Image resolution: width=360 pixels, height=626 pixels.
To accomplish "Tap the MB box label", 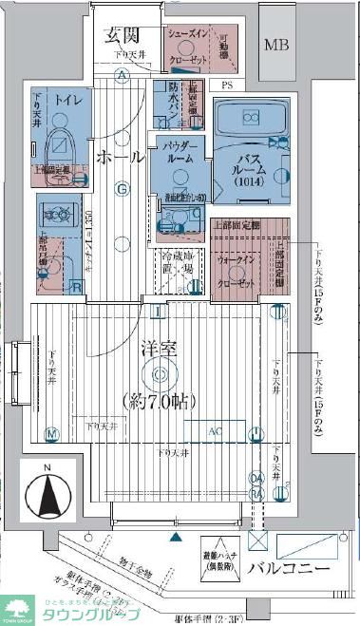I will (277, 45).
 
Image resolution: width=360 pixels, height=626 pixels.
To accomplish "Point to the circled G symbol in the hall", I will (122, 188).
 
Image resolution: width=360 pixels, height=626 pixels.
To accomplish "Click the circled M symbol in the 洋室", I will (52, 434).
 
